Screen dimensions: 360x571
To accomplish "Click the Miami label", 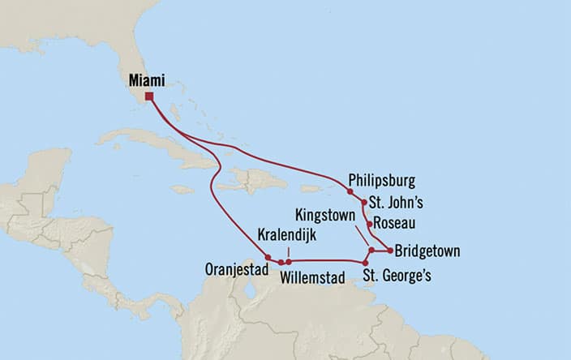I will click(x=146, y=80).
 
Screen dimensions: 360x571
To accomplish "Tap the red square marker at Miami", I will click(x=149, y=96).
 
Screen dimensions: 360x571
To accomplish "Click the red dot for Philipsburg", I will click(x=350, y=192).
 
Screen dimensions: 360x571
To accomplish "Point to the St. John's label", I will click(x=396, y=203).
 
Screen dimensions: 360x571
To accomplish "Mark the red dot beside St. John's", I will click(x=362, y=204).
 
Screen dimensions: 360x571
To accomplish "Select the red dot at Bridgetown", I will click(x=391, y=251).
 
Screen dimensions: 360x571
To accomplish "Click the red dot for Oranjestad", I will click(x=268, y=258).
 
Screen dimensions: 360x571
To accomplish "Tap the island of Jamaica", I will click(x=182, y=189).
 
